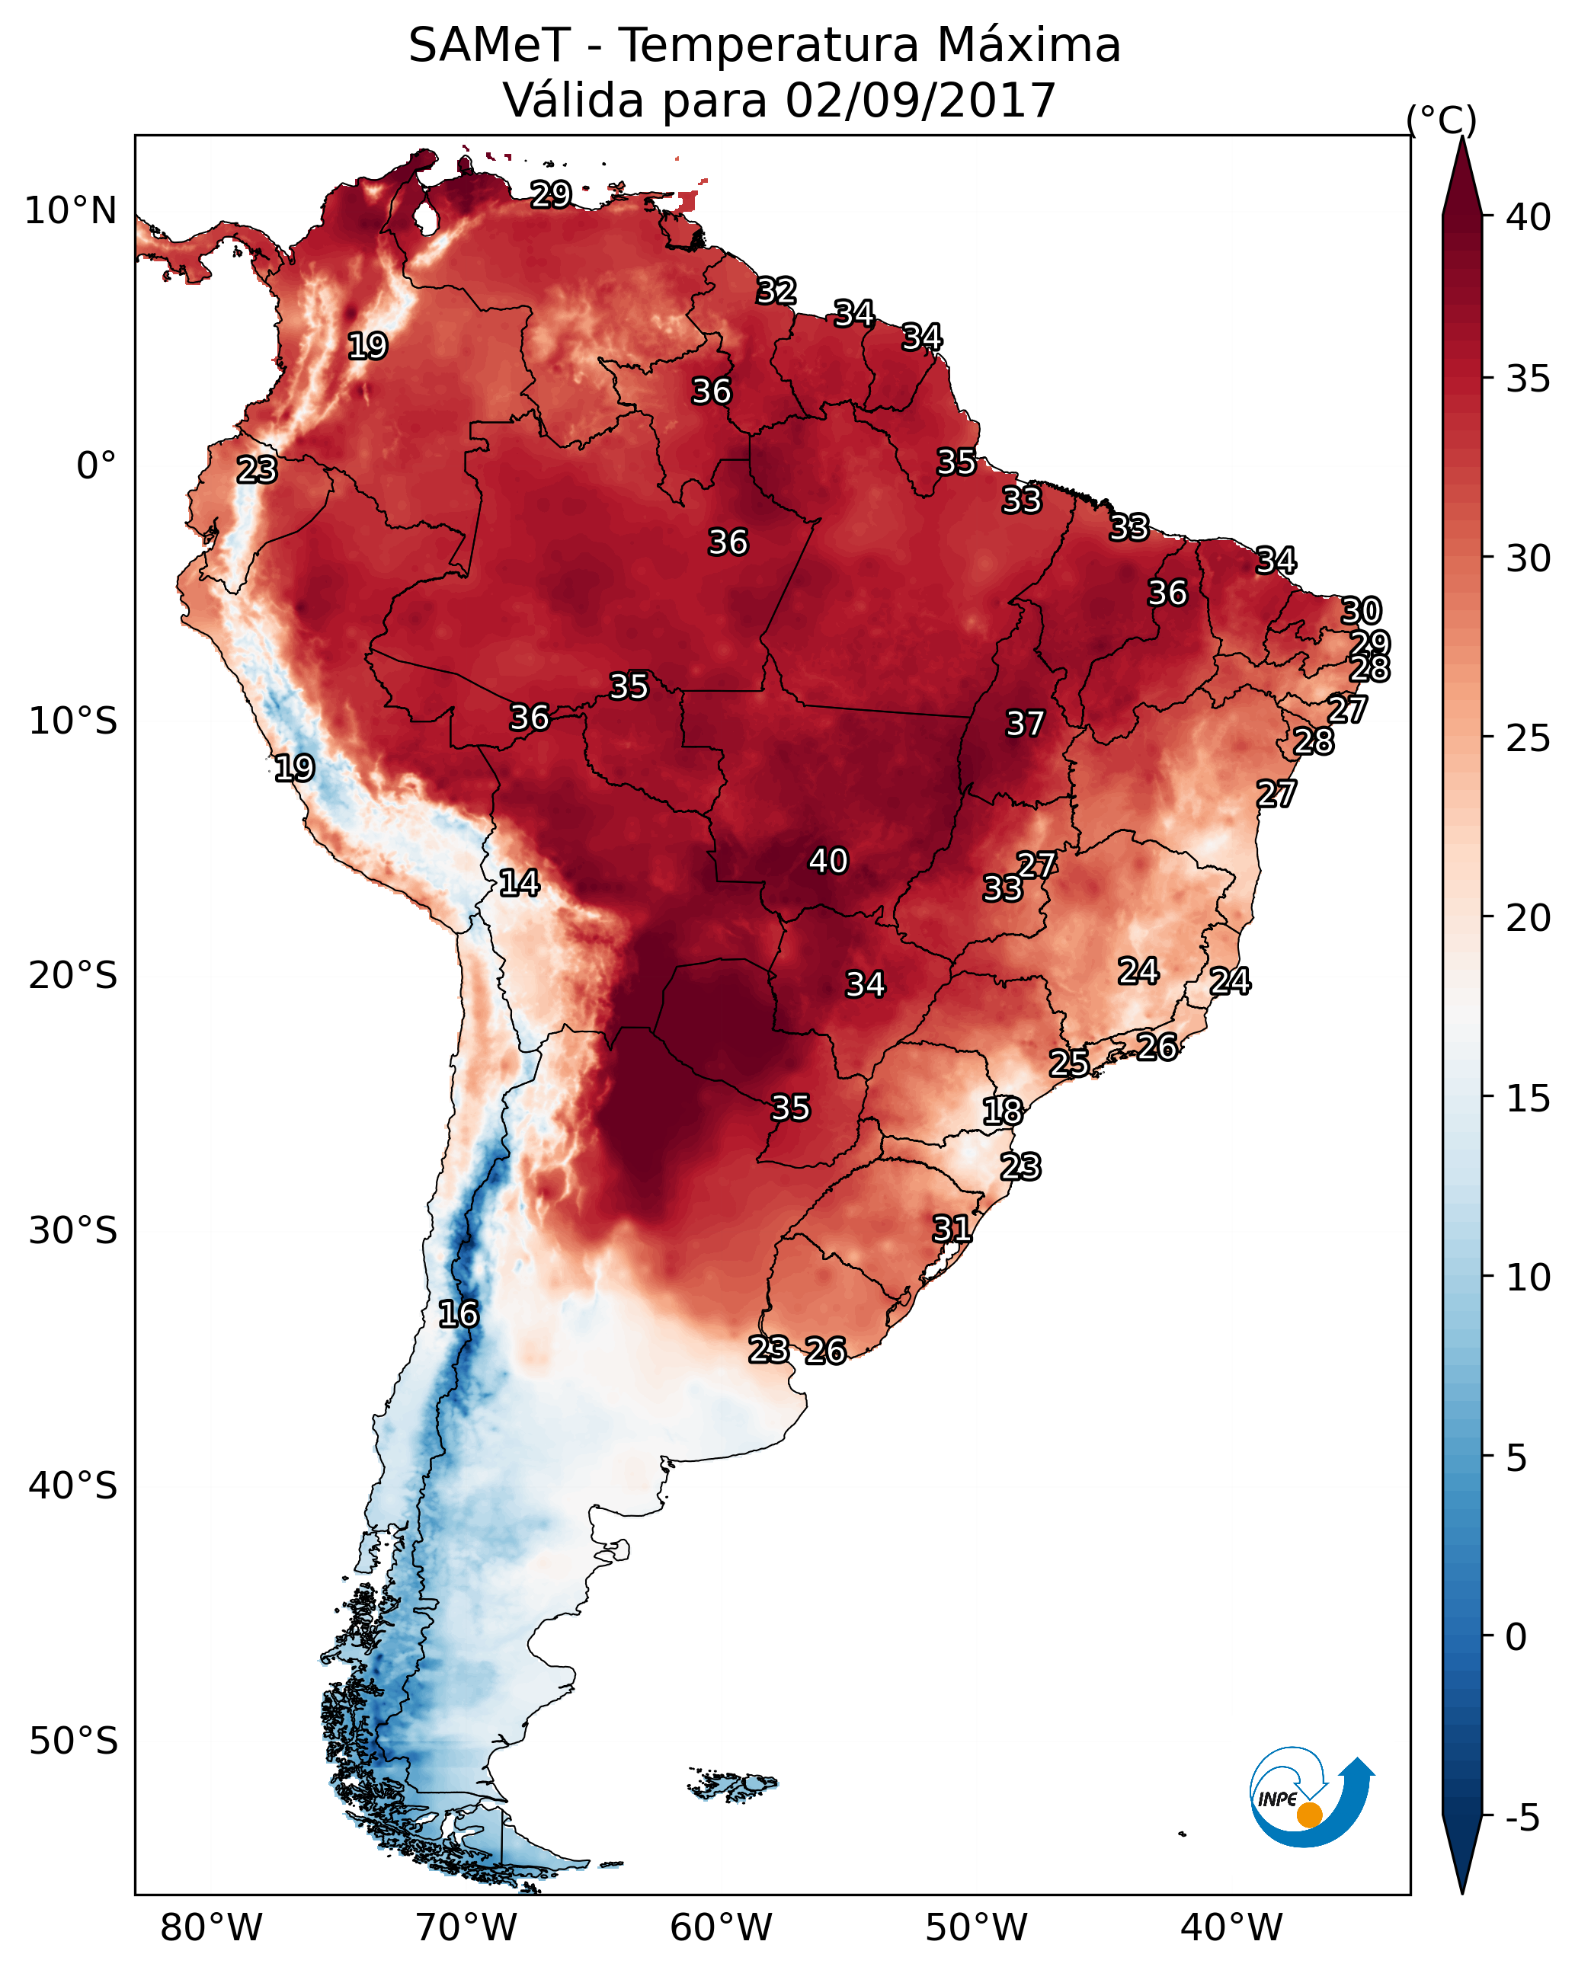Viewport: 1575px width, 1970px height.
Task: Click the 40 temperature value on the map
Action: pyautogui.click(x=828, y=861)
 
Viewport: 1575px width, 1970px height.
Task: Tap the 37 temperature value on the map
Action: pyautogui.click(x=1025, y=724)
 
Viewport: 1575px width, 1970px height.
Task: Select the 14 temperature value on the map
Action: pyautogui.click(x=519, y=883)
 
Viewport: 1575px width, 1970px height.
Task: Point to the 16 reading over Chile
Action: pyautogui.click(x=458, y=1314)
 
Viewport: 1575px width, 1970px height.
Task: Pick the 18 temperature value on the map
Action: pyautogui.click(x=1003, y=1111)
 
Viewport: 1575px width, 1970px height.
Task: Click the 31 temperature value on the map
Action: pyautogui.click(x=952, y=1228)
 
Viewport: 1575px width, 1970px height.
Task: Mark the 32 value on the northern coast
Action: pyautogui.click(x=776, y=290)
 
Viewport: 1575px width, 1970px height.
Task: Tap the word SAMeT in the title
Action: pyautogui.click(x=489, y=46)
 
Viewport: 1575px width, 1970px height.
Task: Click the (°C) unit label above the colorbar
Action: pyautogui.click(x=1441, y=120)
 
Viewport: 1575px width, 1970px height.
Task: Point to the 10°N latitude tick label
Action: pyautogui.click(x=70, y=211)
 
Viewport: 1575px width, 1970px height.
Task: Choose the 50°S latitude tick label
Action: pyautogui.click(x=73, y=1741)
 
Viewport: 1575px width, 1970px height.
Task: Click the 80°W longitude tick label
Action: pyautogui.click(x=211, y=1928)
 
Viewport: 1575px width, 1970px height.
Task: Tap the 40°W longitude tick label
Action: pyautogui.click(x=1231, y=1928)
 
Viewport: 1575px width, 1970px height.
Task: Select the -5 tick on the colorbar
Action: pyautogui.click(x=1522, y=1818)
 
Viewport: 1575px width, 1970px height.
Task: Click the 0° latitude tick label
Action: pyautogui.click(x=96, y=466)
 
